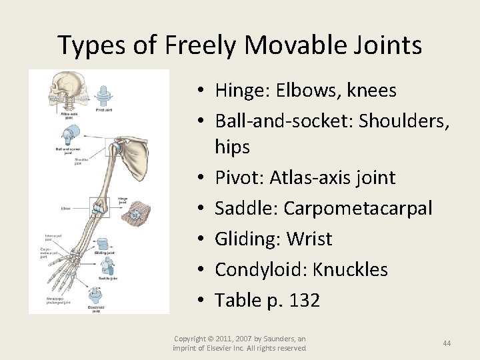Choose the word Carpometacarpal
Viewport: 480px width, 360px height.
click(x=358, y=209)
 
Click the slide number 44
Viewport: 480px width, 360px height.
click(x=447, y=343)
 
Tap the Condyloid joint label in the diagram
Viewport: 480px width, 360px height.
click(x=97, y=308)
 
